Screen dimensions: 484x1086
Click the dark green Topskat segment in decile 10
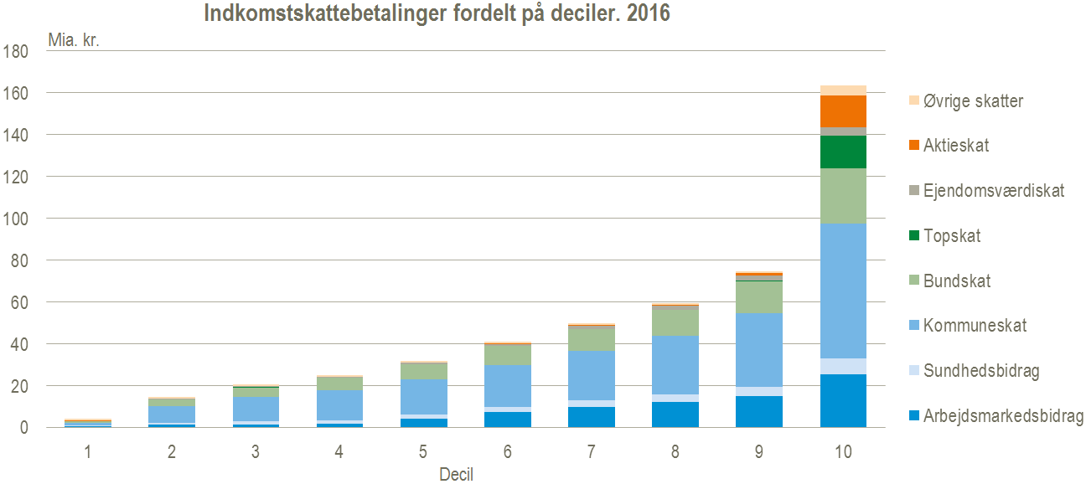[x=843, y=152]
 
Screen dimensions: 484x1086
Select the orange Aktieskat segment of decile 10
[x=843, y=111]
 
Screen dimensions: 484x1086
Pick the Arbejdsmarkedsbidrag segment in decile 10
[x=843, y=400]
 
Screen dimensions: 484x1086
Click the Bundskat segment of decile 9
[x=759, y=296]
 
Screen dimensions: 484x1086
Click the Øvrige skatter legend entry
[x=973, y=101]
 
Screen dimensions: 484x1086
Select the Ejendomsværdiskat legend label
[x=994, y=191]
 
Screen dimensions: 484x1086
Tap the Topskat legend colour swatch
[x=914, y=236]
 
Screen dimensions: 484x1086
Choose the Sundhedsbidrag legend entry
[x=981, y=371]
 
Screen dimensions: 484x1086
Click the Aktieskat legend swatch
[x=914, y=146]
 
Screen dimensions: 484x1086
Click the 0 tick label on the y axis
[x=25, y=428]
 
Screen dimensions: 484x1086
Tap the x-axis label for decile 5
[x=423, y=452]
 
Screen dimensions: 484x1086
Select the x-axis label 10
[x=843, y=452]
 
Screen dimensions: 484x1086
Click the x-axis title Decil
[x=456, y=475]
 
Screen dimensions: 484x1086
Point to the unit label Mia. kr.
[x=73, y=39]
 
